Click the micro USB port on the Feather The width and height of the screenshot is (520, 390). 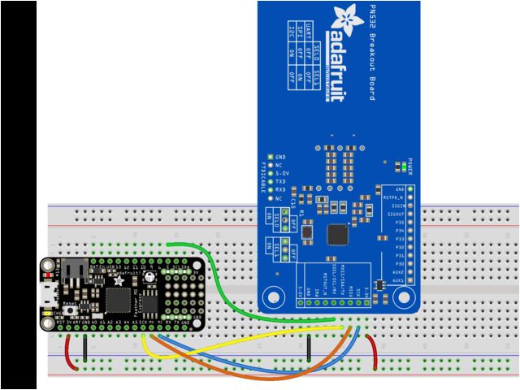49,292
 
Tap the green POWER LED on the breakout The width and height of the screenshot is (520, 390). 404,167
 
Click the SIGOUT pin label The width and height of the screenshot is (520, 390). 394,214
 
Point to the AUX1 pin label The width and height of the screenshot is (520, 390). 397,280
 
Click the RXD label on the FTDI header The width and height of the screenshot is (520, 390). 279,189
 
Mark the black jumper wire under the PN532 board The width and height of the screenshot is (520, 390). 310,352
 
